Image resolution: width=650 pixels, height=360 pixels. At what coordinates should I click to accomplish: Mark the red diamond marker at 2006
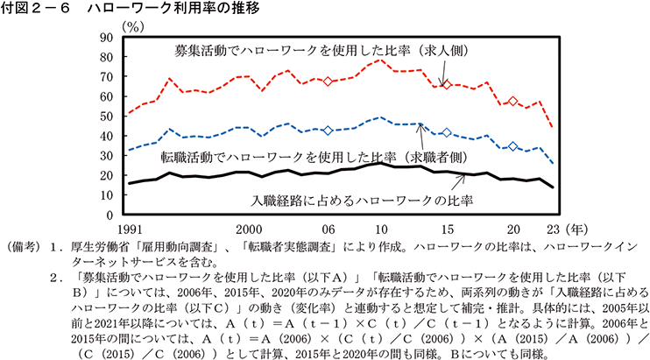tap(328, 81)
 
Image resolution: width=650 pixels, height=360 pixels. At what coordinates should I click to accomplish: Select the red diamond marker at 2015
tap(447, 84)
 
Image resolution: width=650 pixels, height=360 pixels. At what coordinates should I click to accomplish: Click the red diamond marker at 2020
tap(513, 102)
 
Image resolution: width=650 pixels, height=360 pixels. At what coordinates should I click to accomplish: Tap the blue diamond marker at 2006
tap(328, 131)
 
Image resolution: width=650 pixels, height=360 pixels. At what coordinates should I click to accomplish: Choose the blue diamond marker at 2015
tap(447, 133)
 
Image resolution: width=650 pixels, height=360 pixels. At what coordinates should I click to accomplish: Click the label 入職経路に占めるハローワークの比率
tap(362, 199)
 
